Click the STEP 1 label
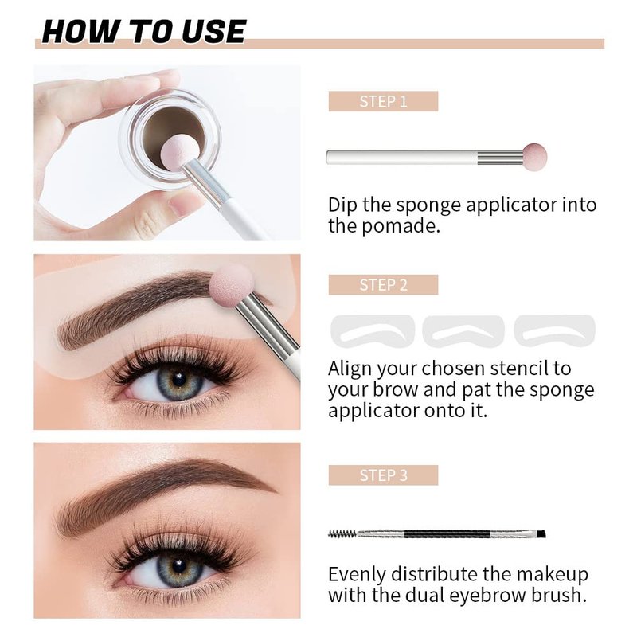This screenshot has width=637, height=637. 383,101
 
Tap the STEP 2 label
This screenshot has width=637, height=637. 383,285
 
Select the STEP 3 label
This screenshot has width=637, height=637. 383,475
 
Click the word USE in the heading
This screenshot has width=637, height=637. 213,31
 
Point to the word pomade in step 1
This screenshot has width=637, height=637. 400,225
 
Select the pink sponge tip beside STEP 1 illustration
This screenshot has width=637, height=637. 534,157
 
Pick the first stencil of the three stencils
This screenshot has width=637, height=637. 373,331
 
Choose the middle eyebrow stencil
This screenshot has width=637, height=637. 463,331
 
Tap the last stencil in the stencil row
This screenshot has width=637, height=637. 554,330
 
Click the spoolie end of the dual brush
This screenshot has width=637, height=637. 342,533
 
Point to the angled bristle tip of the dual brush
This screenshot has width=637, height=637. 541,533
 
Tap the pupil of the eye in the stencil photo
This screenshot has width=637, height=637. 178,380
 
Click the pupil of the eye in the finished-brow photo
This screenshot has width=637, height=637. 178,565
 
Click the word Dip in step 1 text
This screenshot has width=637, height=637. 342,205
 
